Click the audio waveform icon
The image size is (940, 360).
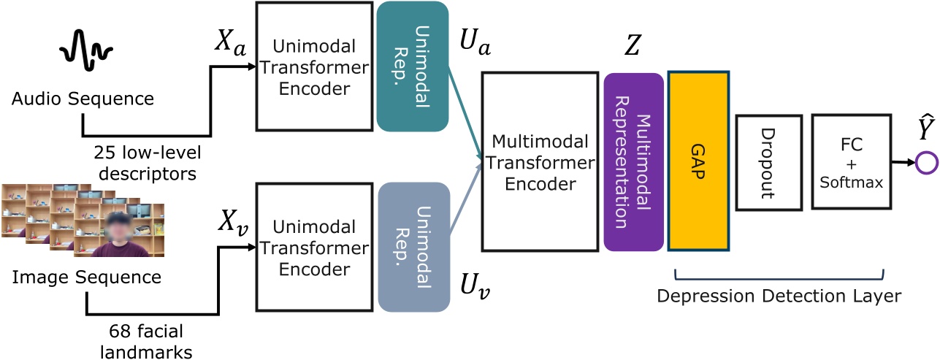click(86, 53)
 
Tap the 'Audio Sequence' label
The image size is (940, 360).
click(86, 99)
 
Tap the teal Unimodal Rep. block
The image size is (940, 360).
click(413, 66)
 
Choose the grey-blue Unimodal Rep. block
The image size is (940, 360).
click(413, 248)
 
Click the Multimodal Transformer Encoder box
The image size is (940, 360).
click(536, 161)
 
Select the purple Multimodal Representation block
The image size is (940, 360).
click(633, 161)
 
